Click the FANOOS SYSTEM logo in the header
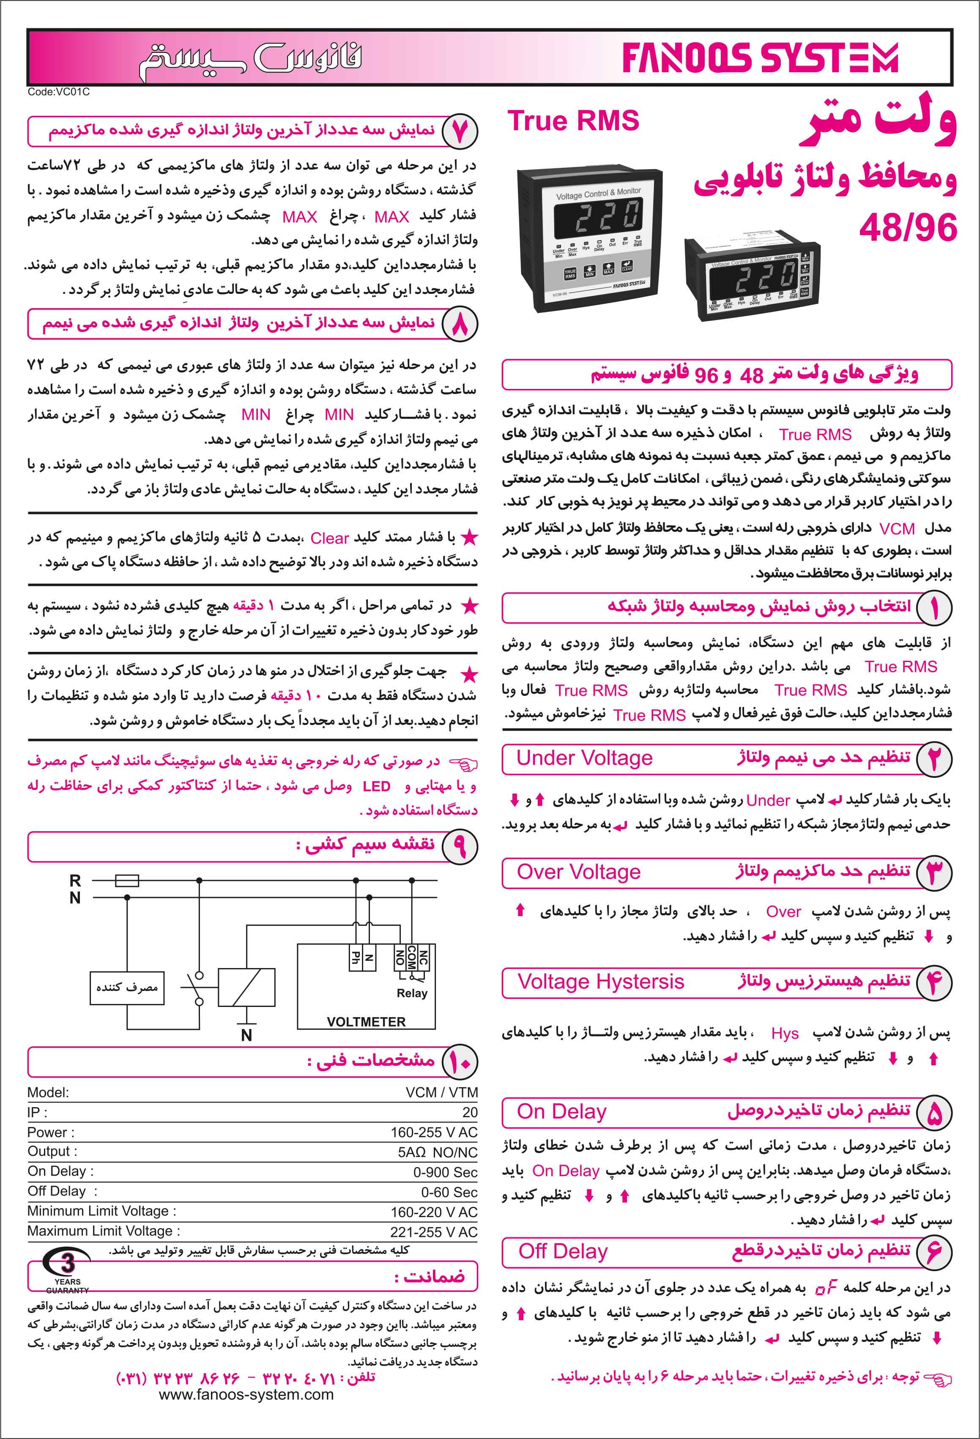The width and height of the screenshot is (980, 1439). pos(760,59)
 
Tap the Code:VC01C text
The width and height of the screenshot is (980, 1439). pos(58,92)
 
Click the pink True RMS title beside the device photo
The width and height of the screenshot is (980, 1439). pos(573,121)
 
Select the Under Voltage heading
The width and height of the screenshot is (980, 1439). pos(584,758)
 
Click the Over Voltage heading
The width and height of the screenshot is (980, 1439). pos(579,872)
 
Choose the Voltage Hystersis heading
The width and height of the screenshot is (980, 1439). pos(600,982)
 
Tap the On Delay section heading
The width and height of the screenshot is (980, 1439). pos(561,1111)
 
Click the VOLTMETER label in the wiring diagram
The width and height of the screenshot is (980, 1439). pos(366,1022)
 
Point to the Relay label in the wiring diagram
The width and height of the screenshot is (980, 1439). pos(412,993)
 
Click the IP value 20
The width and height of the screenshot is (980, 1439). pos(470,1113)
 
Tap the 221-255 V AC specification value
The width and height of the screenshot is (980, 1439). pos(433,1231)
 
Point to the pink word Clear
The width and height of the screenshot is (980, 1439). pos(329,538)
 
